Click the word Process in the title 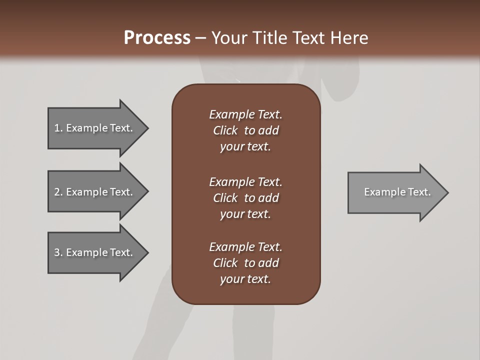[157, 38]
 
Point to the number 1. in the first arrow [58, 128]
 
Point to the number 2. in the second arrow [58, 192]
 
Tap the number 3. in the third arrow [58, 252]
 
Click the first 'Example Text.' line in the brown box [245, 114]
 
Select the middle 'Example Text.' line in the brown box [245, 181]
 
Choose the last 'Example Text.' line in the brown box [245, 247]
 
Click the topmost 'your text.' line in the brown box [245, 146]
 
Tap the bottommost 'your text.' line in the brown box [245, 279]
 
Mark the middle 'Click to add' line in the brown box [245, 198]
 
